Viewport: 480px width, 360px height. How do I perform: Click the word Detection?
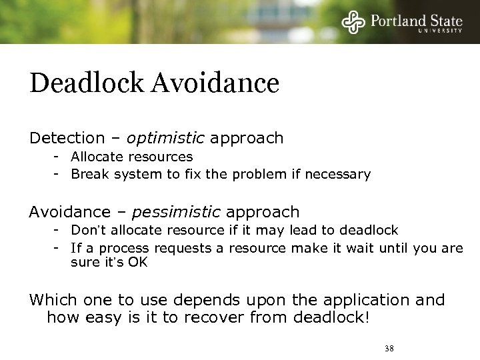(67, 138)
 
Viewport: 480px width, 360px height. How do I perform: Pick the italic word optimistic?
(166, 138)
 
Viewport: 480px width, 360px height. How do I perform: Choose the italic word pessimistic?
(176, 212)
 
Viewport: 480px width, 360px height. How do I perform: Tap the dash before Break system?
(59, 175)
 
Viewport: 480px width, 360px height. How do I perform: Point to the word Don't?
(87, 230)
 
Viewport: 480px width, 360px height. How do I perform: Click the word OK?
(137, 263)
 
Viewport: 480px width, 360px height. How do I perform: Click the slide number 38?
(390, 348)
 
